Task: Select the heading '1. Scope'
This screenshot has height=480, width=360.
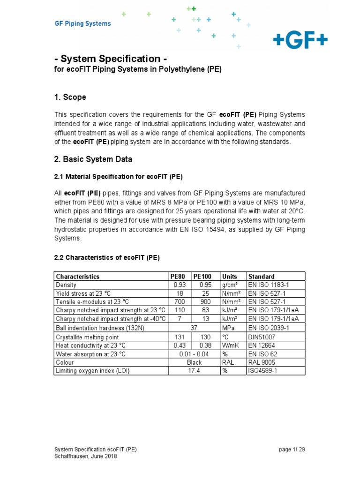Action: [x=70, y=97]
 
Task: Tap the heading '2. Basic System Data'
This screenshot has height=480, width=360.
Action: [x=93, y=159]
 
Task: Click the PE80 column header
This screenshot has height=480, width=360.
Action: [x=179, y=276]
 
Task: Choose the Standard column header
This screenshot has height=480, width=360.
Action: [x=261, y=276]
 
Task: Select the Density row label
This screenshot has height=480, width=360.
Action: [x=66, y=285]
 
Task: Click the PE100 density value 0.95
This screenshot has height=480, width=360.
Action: [x=206, y=285]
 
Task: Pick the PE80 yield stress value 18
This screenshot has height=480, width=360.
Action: [x=178, y=293]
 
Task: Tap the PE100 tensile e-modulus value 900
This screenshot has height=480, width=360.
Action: [x=206, y=302]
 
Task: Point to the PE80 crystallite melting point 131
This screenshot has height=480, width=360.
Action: [x=178, y=337]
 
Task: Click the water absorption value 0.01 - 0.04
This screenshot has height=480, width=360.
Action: [x=194, y=354]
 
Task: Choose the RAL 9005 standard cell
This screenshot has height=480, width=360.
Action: [x=262, y=362]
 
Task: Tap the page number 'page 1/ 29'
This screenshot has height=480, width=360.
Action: [x=292, y=449]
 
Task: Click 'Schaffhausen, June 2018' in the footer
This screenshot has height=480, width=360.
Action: [x=86, y=456]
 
